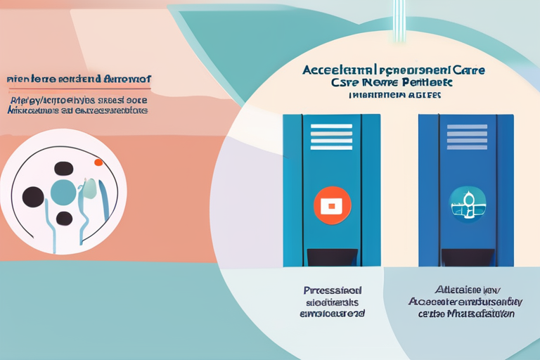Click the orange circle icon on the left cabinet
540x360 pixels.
pos(330,205)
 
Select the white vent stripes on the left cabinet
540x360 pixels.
pos(330,136)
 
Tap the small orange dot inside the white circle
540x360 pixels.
pos(98,162)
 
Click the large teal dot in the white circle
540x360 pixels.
pos(64,192)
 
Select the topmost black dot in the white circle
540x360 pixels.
pos(64,168)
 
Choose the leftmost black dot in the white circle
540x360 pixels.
pos(33,196)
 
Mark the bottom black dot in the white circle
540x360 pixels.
pos(64,217)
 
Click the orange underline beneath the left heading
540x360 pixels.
pos(77,89)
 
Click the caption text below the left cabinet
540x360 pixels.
pos(333,302)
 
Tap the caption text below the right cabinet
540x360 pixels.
pos(465,302)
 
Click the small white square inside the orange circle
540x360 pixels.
pos(330,205)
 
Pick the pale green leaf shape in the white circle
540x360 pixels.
pos(89,187)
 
